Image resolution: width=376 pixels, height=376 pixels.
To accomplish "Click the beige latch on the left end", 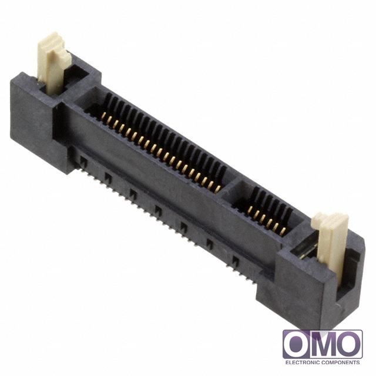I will (51, 65).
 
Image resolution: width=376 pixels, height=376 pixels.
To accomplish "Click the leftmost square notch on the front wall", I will (83, 159).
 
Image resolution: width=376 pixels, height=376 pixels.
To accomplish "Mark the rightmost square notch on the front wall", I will (235, 260).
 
